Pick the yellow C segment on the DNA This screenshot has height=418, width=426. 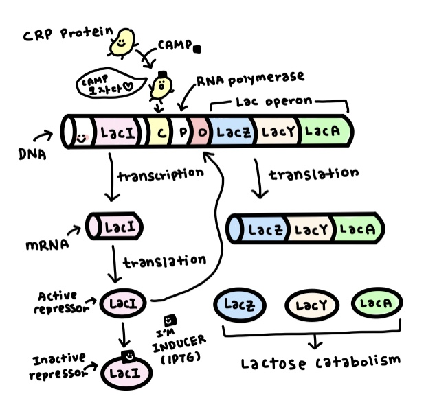coord(159,130)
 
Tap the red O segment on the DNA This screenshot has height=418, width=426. coord(201,130)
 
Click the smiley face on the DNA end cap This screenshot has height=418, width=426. coord(81,137)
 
